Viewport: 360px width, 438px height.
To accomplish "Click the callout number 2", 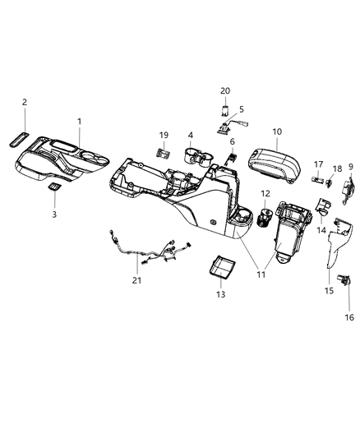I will pyautogui.click(x=25, y=103).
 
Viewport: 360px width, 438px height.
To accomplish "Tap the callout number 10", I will pyautogui.click(x=276, y=131).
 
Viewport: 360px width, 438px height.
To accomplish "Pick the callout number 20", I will pyautogui.click(x=224, y=90).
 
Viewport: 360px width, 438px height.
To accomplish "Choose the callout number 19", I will pyautogui.click(x=164, y=135).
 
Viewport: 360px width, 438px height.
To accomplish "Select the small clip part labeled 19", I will pyautogui.click(x=164, y=152).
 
